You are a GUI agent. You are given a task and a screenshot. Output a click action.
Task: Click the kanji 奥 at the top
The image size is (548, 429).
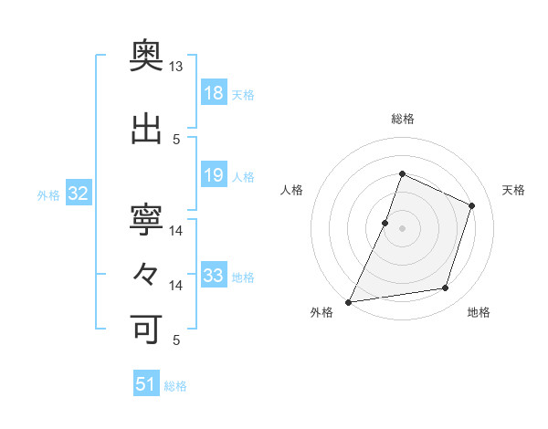click(146, 57)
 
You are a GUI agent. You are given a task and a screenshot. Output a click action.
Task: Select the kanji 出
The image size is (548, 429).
click(146, 129)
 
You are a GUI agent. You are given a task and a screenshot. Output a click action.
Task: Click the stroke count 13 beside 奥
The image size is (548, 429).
click(176, 67)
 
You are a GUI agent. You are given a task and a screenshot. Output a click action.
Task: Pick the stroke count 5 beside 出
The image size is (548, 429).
click(176, 139)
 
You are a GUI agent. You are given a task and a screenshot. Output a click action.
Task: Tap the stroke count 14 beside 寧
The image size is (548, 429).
click(176, 230)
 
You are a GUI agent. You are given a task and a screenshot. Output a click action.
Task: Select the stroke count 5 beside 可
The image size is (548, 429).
click(176, 340)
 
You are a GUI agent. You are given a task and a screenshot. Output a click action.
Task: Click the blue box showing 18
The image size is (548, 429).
click(213, 93)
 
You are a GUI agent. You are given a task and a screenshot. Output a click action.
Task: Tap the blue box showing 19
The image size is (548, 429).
click(213, 175)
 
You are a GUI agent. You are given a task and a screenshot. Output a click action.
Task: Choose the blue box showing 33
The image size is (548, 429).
click(213, 276)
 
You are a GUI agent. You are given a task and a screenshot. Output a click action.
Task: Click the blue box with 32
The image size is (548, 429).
click(78, 194)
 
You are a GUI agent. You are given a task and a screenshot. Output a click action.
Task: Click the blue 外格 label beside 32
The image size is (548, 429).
click(48, 194)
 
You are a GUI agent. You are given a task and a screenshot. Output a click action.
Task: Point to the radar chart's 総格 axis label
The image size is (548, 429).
click(402, 119)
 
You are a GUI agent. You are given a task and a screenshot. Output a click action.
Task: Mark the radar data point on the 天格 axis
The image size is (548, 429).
click(472, 205)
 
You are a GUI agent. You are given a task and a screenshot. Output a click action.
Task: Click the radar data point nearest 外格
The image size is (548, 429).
click(349, 301)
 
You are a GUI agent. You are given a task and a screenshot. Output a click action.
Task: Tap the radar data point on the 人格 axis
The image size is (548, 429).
click(385, 223)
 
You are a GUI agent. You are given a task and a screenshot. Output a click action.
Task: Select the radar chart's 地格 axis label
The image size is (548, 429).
click(479, 312)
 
